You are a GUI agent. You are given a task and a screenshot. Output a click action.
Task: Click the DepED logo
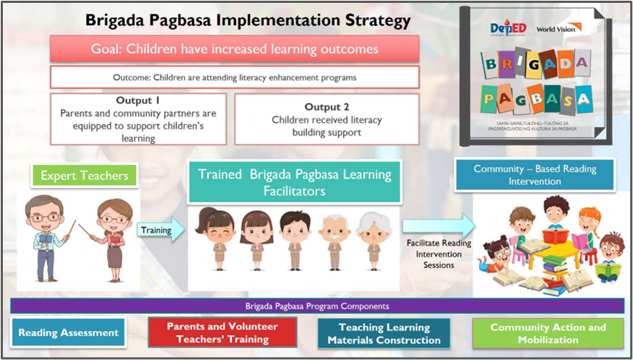click(x=507, y=29)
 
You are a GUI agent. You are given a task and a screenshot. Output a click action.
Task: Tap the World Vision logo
click(x=559, y=28)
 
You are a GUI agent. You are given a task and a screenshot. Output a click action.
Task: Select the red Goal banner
click(x=235, y=49)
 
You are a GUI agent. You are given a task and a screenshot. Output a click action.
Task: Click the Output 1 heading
click(x=138, y=100)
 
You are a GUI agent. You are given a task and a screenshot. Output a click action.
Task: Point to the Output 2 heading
click(x=326, y=107)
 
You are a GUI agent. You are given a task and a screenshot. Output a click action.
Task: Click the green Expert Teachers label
click(x=85, y=176)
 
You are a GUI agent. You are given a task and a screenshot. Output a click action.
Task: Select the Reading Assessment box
click(x=69, y=333)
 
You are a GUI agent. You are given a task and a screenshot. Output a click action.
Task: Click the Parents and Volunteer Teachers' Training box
click(x=223, y=333)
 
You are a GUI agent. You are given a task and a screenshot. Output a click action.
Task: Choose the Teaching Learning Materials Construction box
click(x=384, y=333)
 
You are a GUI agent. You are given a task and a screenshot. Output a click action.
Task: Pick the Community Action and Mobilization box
click(x=548, y=333)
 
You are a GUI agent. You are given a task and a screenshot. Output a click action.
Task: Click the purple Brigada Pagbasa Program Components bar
click(x=317, y=306)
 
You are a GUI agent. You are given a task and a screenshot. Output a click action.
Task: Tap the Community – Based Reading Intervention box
click(x=535, y=174)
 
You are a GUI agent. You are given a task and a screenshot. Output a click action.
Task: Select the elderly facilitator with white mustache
click(x=335, y=241)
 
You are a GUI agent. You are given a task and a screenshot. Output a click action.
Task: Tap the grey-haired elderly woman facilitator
click(x=374, y=241)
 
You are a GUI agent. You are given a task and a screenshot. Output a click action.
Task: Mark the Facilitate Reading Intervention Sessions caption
click(x=439, y=254)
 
